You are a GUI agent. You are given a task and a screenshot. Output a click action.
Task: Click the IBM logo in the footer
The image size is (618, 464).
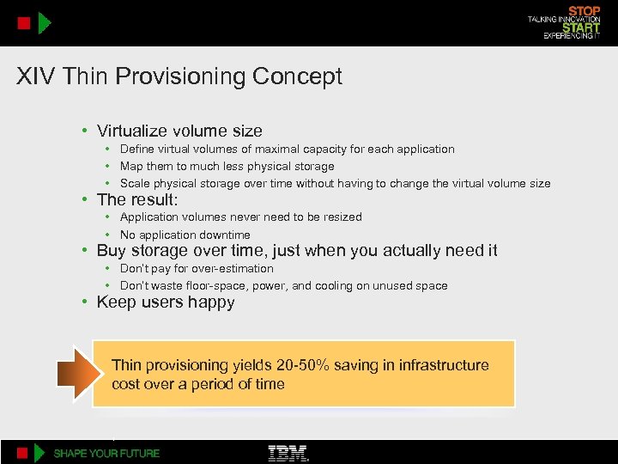[x=288, y=453]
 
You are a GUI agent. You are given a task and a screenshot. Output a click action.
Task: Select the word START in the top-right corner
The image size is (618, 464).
[x=581, y=27]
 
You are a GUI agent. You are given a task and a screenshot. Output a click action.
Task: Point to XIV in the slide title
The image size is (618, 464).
[x=33, y=76]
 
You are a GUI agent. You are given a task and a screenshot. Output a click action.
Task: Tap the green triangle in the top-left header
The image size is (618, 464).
[x=45, y=22]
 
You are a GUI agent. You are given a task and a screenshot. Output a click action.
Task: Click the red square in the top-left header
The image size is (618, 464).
[x=24, y=22]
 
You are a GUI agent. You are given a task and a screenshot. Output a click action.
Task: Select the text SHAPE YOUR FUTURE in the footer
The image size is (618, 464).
[x=106, y=453]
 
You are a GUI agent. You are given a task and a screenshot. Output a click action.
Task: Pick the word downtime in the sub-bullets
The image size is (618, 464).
[x=221, y=235]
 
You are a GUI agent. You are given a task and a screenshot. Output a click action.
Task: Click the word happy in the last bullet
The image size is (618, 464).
[x=213, y=302]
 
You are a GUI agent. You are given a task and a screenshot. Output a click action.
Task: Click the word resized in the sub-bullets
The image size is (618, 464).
[x=340, y=217]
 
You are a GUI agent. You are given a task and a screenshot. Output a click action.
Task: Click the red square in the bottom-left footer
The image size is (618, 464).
[x=24, y=453]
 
